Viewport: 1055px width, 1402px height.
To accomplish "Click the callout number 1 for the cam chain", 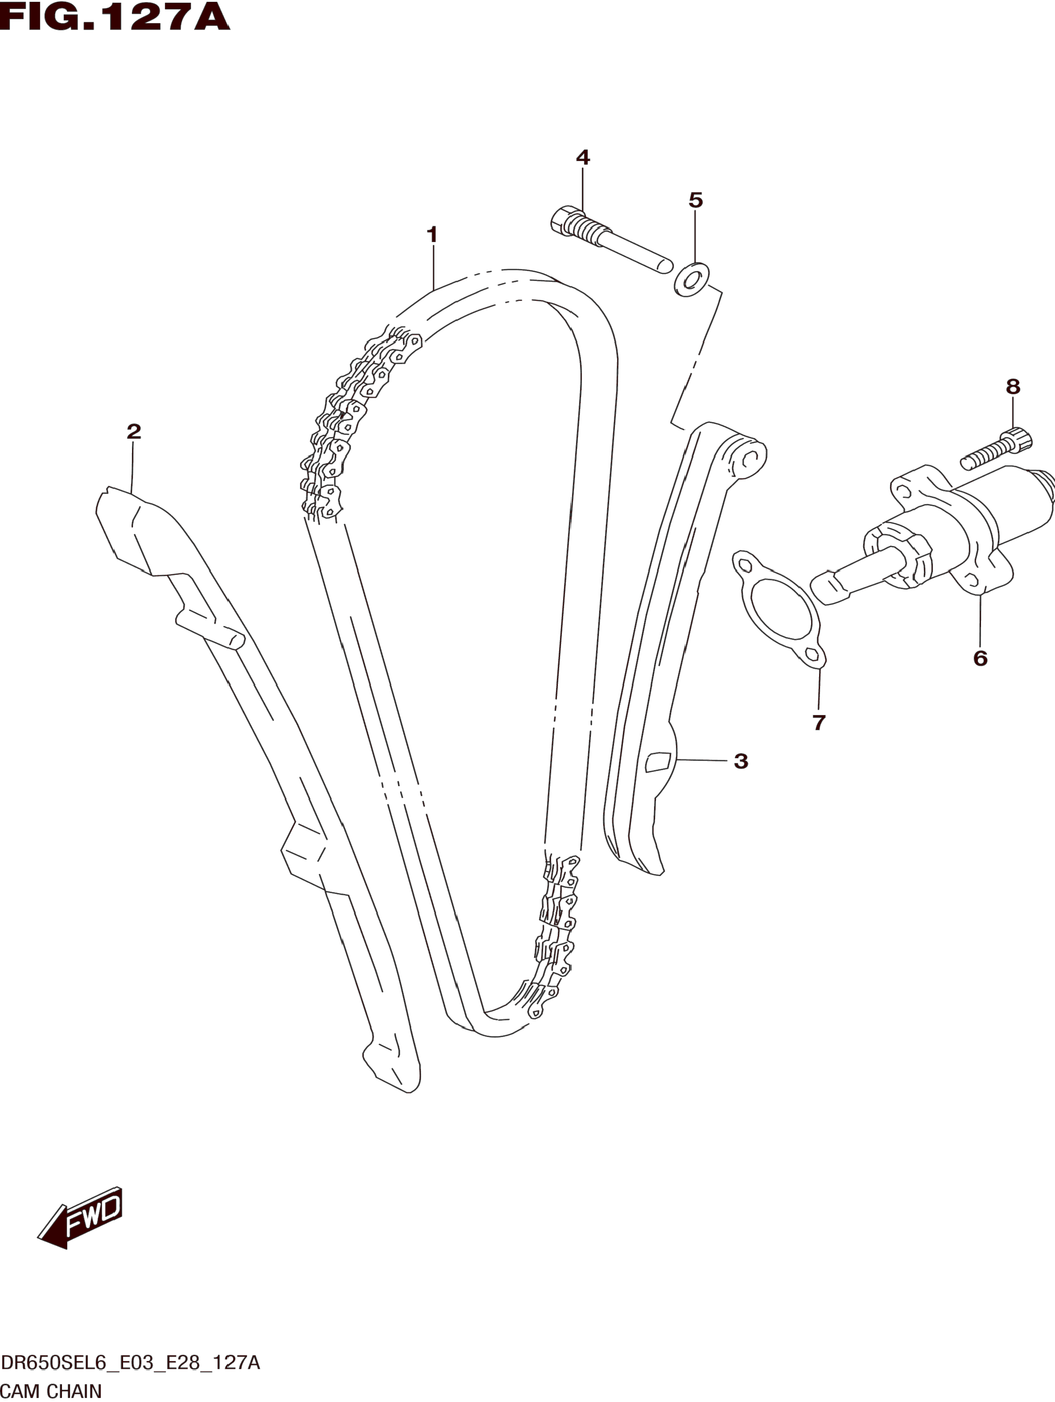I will tap(432, 235).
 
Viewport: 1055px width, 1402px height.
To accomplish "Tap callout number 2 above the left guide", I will tap(133, 432).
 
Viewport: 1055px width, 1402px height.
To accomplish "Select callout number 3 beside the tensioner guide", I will tap(741, 761).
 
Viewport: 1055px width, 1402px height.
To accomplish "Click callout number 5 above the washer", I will tap(695, 200).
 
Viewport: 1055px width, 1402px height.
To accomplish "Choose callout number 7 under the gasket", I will tap(818, 722).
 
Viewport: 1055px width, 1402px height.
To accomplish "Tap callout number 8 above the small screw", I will tap(1012, 386).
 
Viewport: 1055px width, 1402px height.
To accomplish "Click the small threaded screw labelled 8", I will tap(995, 451).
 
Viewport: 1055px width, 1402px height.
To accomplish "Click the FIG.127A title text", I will tap(114, 18).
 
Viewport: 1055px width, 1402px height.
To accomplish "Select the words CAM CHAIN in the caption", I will tap(51, 1392).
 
